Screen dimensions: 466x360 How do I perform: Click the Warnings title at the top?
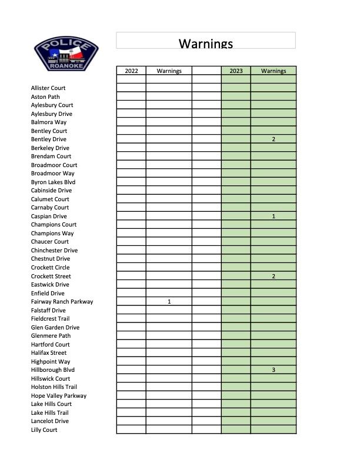click(x=206, y=44)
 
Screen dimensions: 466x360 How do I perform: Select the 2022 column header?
click(x=132, y=71)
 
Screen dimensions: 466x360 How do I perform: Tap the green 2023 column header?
click(x=236, y=71)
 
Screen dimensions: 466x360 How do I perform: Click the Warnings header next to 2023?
click(x=274, y=71)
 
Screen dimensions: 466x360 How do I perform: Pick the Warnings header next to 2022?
click(x=169, y=71)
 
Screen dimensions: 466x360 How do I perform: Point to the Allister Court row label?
click(x=48, y=88)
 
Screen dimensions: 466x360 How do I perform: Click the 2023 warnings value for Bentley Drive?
click(x=274, y=139)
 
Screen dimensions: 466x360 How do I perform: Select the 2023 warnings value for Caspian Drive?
click(x=274, y=217)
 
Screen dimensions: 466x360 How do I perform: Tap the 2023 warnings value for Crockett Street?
click(x=274, y=276)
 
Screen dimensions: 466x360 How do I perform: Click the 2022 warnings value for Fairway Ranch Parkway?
click(x=169, y=302)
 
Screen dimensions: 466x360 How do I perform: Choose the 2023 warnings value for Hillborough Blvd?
click(x=274, y=370)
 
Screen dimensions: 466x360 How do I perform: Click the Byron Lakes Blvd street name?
click(x=53, y=182)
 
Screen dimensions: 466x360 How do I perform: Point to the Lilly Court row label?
click(x=44, y=430)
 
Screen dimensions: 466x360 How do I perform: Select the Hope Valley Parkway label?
click(x=59, y=396)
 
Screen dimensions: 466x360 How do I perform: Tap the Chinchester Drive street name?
click(x=54, y=251)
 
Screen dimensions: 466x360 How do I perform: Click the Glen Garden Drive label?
click(x=55, y=328)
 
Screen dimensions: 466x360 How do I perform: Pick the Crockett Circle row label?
click(x=50, y=268)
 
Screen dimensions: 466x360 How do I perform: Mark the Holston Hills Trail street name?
click(x=54, y=387)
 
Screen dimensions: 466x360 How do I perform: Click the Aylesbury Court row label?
click(x=52, y=105)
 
